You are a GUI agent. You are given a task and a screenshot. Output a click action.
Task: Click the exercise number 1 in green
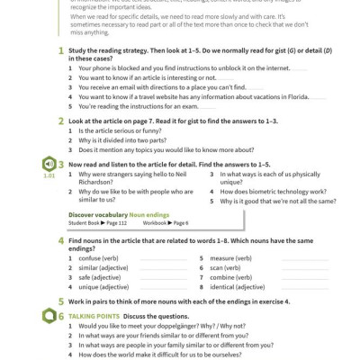pos(60,53)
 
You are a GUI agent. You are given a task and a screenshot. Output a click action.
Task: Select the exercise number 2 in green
pos(60,121)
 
